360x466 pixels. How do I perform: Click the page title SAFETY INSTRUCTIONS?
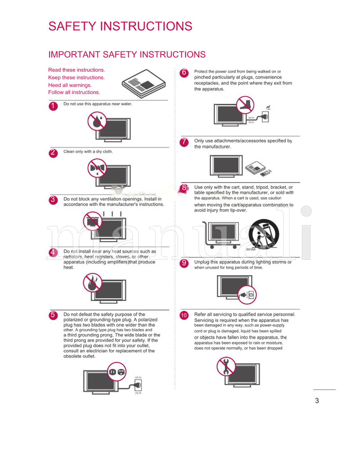[x=120, y=26]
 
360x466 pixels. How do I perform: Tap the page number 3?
[x=317, y=401]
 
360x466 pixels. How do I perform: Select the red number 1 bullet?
[x=53, y=106]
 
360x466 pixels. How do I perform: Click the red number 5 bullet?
[x=53, y=315]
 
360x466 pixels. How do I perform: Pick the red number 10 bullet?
[x=184, y=315]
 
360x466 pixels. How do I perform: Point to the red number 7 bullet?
[x=184, y=142]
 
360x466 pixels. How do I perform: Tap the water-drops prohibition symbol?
[x=97, y=121]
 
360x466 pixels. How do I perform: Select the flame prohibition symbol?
[x=93, y=283]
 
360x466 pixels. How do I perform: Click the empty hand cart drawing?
[x=220, y=234]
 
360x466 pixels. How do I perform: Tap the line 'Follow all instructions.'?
[x=74, y=92]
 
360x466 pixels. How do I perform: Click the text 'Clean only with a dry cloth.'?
[x=88, y=152]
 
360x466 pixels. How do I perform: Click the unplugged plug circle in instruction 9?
[x=248, y=294]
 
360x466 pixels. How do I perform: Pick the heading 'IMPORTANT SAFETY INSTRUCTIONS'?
[x=127, y=55]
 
